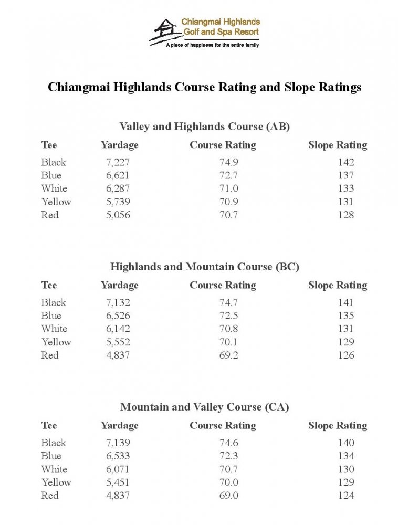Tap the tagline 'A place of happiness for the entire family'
point(212,46)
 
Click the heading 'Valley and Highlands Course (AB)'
point(205,127)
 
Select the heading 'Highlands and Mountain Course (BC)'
point(205,267)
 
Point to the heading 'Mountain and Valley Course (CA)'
point(205,407)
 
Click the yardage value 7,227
point(118,162)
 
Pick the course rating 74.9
point(228,162)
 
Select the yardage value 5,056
point(118,215)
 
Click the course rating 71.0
point(228,188)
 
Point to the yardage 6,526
point(118,316)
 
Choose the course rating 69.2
point(228,355)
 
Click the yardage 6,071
point(118,469)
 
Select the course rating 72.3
point(228,456)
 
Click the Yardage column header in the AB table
point(120,145)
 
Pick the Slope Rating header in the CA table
point(338,425)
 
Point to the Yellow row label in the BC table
point(56,342)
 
